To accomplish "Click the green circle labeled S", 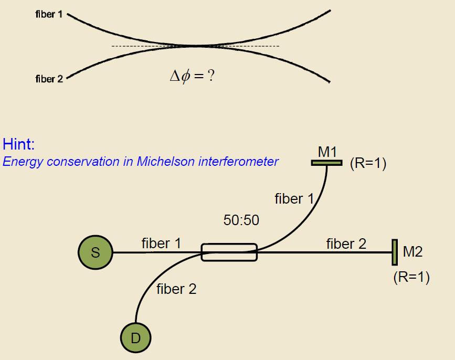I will coord(95,252).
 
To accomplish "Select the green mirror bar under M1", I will coord(326,163).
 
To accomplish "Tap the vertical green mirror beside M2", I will coord(394,252).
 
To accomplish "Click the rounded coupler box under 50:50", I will coord(229,252).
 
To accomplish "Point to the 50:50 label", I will coord(241,220).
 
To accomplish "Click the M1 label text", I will coord(327,152).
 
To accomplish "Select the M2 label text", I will coord(412,252).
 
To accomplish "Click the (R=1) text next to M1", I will coord(368,164).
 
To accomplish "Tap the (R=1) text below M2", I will coord(411,277).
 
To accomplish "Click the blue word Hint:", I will coord(18,144).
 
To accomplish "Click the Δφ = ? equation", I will coord(193,76).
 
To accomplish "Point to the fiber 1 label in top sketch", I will coord(49,15).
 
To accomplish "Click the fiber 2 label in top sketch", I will coord(49,79).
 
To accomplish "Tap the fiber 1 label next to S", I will coord(161,243).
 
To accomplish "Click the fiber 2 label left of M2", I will coord(346,243).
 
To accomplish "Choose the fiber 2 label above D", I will coord(176,289).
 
